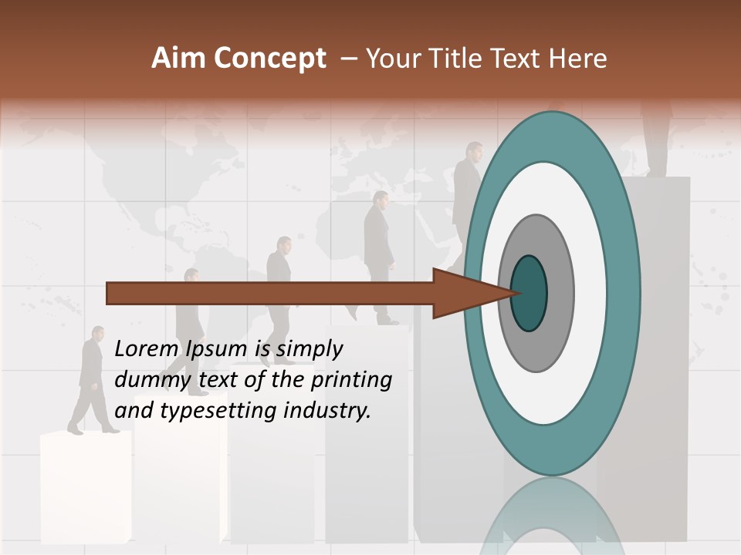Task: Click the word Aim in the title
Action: pyautogui.click(x=178, y=59)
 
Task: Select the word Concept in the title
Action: pyautogui.click(x=269, y=59)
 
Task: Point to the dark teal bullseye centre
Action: pyautogui.click(x=529, y=293)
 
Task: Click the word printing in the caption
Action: pyautogui.click(x=350, y=380)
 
